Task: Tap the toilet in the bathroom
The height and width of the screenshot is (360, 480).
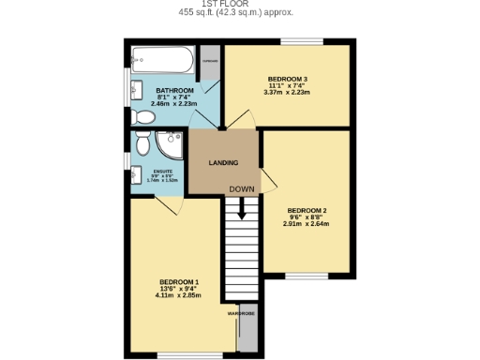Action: [143, 117]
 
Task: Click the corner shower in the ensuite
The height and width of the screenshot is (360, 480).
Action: [171, 145]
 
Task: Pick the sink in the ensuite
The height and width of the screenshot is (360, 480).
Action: [135, 180]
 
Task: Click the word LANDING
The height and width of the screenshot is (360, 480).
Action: [223, 163]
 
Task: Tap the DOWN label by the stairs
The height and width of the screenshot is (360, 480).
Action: [242, 188]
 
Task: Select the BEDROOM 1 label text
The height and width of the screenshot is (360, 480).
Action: [179, 282]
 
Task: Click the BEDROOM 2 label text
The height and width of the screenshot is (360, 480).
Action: [307, 210]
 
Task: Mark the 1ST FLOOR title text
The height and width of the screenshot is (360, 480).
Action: [240, 5]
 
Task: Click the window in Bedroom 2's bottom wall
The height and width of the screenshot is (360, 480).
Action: [307, 276]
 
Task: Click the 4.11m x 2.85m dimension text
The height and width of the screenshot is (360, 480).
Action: [179, 295]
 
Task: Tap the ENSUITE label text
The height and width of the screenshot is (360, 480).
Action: [163, 171]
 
